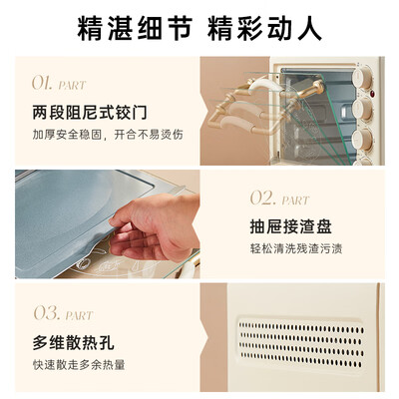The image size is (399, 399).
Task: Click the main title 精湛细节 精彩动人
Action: click(x=199, y=28)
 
